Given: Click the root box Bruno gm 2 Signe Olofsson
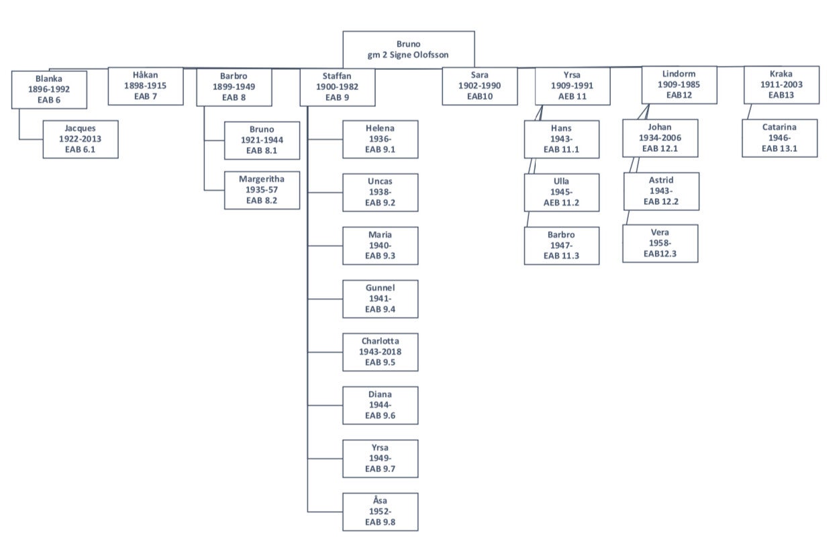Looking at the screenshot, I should tap(408, 50).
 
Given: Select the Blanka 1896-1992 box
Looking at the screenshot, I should tap(49, 89).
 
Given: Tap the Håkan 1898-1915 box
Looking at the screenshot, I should tap(145, 86).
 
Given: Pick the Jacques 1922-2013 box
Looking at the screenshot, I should tap(80, 139).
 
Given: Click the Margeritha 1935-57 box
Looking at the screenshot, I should tap(262, 190).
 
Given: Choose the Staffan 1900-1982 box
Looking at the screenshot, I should tap(337, 87).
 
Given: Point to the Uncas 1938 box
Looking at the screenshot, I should tap(380, 192).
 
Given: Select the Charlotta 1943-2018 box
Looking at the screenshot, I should tap(380, 352).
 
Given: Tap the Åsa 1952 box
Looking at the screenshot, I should tap(380, 512).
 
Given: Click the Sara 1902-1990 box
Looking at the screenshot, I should tap(479, 86).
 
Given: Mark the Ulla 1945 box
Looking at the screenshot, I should tap(561, 192).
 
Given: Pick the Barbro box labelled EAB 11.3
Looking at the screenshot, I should tap(561, 245).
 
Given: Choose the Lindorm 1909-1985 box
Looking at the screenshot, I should tap(679, 84).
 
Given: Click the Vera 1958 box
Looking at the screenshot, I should tap(660, 243).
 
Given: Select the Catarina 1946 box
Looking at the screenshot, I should tap(779, 138).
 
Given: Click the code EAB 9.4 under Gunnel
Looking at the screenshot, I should tap(380, 310).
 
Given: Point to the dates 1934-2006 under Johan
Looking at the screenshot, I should tap(660, 138).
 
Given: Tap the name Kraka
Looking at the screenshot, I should tap(781, 74).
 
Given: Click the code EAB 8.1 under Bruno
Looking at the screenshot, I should tap(262, 151).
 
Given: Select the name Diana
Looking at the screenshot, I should tap(380, 394).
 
